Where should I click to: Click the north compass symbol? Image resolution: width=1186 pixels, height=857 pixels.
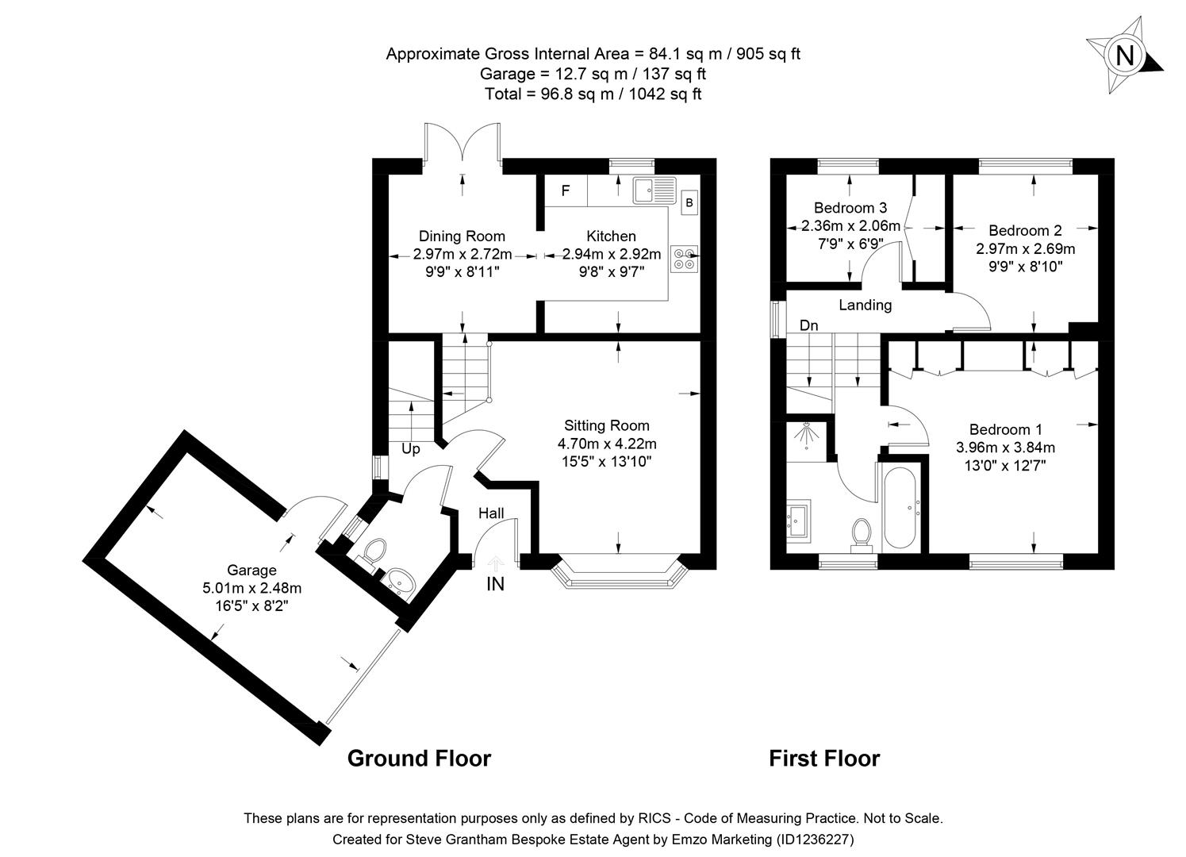[x=1123, y=56]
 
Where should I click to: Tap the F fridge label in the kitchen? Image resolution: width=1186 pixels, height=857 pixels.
[x=566, y=191]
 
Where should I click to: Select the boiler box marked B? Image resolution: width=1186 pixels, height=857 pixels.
[x=689, y=203]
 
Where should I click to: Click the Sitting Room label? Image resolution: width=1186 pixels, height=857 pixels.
[x=606, y=426]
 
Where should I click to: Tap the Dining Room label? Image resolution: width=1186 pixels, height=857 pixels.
[x=462, y=236]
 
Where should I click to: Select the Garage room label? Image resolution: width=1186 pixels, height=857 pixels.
[x=251, y=570]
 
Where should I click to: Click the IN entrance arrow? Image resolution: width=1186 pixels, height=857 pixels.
[x=495, y=566]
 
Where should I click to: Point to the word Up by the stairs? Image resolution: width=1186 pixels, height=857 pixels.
[x=410, y=449]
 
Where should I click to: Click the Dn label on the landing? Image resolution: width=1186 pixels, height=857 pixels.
[x=808, y=325]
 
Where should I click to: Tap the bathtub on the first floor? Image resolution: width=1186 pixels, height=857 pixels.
[x=900, y=509]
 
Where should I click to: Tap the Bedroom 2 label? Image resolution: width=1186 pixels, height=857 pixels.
[x=1025, y=231]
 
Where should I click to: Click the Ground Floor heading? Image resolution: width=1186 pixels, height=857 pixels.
[x=419, y=759]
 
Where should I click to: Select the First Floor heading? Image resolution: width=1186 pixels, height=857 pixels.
[x=824, y=759]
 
